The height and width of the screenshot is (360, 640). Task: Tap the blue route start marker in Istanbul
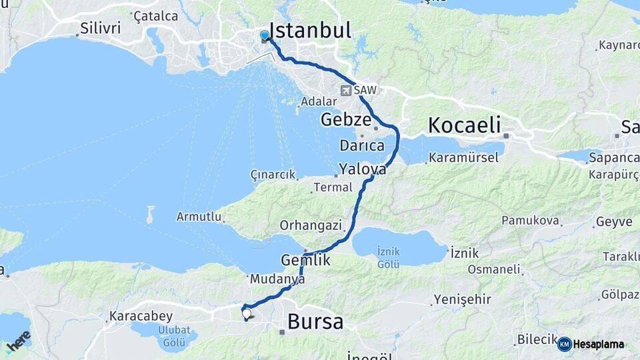265,35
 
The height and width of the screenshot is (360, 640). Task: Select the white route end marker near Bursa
247,313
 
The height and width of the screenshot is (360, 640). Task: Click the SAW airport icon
347,90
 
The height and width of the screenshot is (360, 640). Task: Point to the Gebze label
345,120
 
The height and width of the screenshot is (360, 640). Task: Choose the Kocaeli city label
464,125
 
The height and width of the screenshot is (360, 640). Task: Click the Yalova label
362,169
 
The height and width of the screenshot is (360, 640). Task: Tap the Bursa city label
315,322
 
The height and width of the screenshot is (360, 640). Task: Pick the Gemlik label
306,261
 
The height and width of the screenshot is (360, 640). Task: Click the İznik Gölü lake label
388,256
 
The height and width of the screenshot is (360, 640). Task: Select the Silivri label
100,29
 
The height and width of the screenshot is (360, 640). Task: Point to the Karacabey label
141,315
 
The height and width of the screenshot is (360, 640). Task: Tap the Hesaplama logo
591,344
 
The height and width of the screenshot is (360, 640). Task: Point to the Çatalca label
155,15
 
